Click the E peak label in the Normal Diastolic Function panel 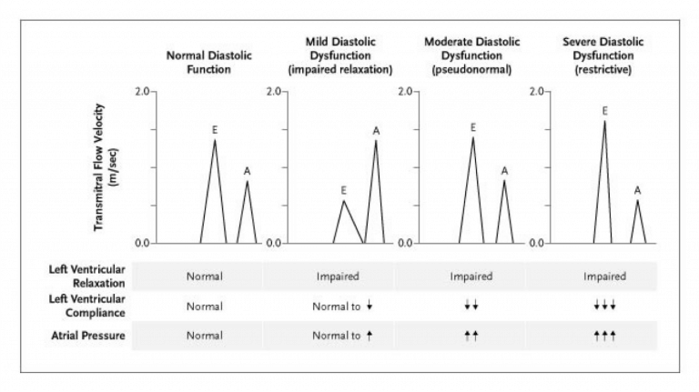click(x=214, y=130)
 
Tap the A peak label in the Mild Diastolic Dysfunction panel click(x=376, y=130)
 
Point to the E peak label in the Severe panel click(x=604, y=111)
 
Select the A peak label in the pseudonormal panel click(x=505, y=169)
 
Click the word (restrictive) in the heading click(x=605, y=70)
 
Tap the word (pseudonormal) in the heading click(x=471, y=70)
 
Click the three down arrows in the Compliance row click(x=604, y=306)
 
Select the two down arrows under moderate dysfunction click(x=471, y=306)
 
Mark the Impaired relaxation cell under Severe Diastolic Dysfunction click(x=604, y=276)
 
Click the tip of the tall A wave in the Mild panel click(x=376, y=140)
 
